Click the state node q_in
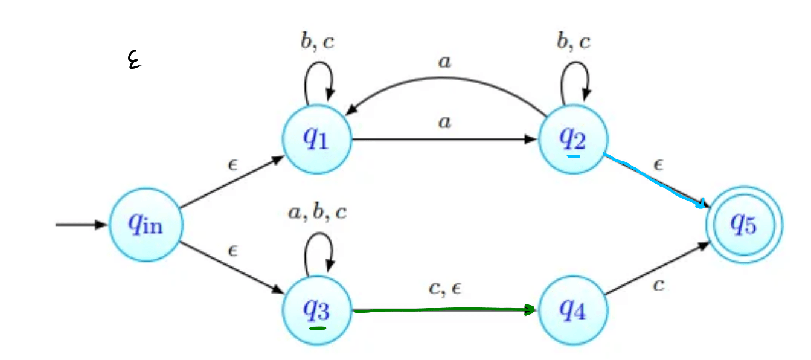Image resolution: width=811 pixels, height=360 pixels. pyautogui.click(x=145, y=226)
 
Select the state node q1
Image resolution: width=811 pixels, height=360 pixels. pyautogui.click(x=317, y=138)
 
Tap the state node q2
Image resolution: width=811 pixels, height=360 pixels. pyautogui.click(x=572, y=138)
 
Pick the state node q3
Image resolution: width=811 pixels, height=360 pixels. pyautogui.click(x=317, y=310)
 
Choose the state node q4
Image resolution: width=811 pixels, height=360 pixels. pyautogui.click(x=572, y=310)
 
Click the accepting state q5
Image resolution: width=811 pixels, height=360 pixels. pyautogui.click(x=744, y=226)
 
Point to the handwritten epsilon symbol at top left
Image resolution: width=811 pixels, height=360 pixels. pyautogui.click(x=134, y=60)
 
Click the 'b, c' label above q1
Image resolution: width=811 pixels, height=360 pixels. pyautogui.click(x=317, y=42)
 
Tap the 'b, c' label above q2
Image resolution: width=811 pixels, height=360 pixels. pyautogui.click(x=572, y=42)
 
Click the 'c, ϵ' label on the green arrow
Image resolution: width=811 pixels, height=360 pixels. pyautogui.click(x=445, y=289)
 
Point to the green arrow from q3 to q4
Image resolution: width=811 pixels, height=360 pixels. pyautogui.click(x=444, y=310)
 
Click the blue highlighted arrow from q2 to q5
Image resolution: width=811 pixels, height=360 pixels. pyautogui.click(x=655, y=181)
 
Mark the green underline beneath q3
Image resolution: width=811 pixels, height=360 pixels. pyautogui.click(x=317, y=329)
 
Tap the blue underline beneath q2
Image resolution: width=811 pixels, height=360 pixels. pyautogui.click(x=573, y=156)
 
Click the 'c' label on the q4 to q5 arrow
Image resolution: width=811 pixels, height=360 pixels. pyautogui.click(x=658, y=285)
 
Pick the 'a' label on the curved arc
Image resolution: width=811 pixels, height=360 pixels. pyautogui.click(x=445, y=62)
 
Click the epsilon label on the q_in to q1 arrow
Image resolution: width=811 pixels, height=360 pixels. pyautogui.click(x=232, y=164)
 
